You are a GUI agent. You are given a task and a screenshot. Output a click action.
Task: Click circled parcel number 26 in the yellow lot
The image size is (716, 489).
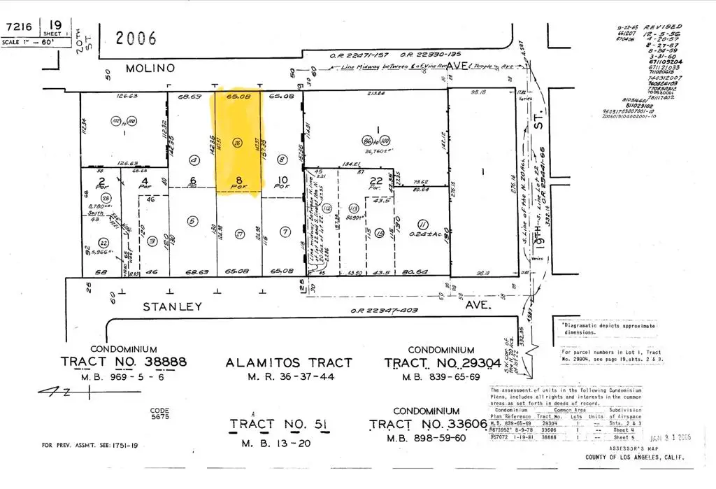point(238,143)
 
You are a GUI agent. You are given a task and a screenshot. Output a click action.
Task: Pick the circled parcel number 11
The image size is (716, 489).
point(422,224)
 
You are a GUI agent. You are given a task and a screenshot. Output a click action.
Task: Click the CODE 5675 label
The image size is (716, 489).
point(160,416)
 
